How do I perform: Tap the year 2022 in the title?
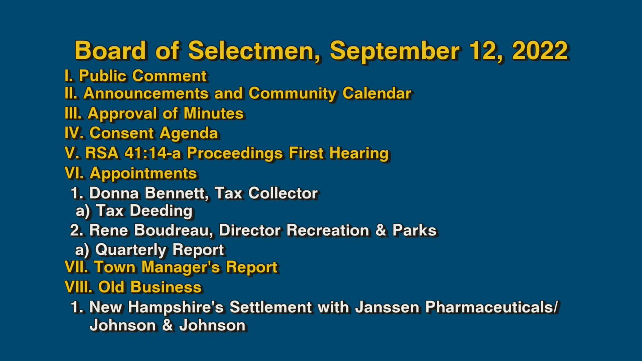click(x=540, y=50)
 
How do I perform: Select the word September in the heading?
click(x=395, y=51)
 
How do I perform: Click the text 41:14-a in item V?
click(x=152, y=153)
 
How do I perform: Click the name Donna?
click(x=114, y=193)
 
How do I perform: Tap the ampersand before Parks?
click(x=381, y=230)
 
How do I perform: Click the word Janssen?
click(x=387, y=307)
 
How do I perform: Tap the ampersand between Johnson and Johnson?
click(x=167, y=326)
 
